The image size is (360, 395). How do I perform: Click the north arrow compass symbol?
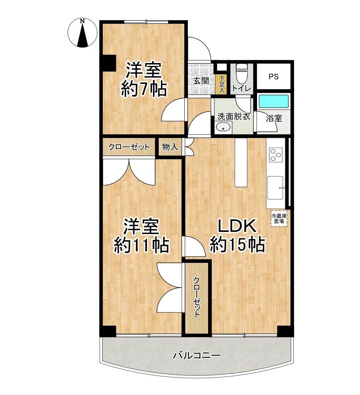[x=83, y=33]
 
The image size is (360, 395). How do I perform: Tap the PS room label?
[x=273, y=76]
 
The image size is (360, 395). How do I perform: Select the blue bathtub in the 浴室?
[x=274, y=101]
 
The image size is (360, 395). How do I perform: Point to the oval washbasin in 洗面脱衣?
[x=224, y=127]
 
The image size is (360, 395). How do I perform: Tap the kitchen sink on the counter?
[x=275, y=188]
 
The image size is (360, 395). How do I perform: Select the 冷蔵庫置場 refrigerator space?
[x=279, y=218]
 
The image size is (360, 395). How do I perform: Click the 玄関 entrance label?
[x=201, y=81]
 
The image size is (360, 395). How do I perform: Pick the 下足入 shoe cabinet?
[x=221, y=84]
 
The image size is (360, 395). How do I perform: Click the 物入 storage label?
[x=170, y=147]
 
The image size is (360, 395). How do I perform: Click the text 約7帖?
[x=144, y=89]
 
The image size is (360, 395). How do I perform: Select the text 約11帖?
[x=141, y=245]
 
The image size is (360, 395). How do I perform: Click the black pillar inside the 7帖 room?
[x=109, y=63]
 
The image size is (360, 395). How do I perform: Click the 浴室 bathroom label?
[x=274, y=118]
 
